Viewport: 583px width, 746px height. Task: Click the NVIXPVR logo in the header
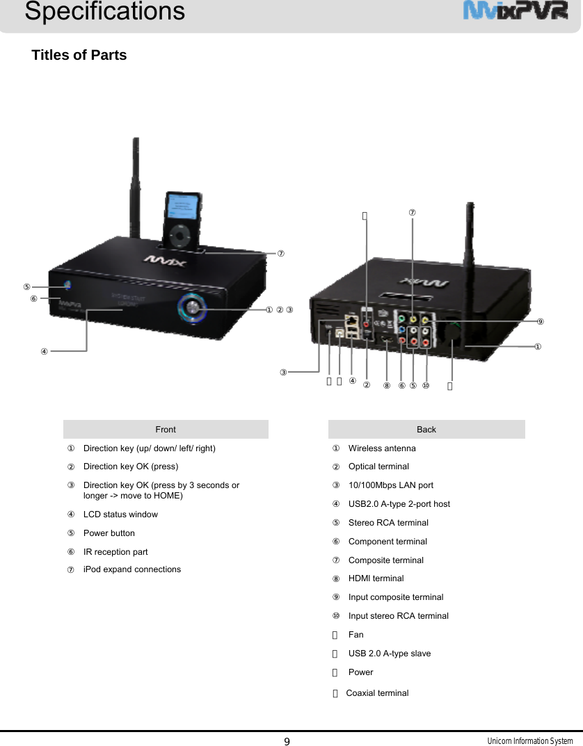(x=516, y=12)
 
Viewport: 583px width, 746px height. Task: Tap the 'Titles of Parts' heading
(x=79, y=55)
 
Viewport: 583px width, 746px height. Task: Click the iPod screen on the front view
(x=184, y=207)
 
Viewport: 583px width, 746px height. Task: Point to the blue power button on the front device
(x=67, y=286)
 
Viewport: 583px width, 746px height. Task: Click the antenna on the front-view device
(x=134, y=188)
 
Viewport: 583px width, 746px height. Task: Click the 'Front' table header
(x=166, y=429)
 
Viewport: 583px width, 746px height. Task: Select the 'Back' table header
(x=426, y=429)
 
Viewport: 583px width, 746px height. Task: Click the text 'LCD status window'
(x=120, y=514)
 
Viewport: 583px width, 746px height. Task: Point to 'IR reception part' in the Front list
(x=115, y=552)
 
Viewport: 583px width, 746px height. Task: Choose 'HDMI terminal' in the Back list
(x=376, y=578)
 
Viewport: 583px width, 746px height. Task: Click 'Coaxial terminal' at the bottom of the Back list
(x=377, y=693)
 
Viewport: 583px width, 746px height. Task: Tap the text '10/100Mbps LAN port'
(x=390, y=485)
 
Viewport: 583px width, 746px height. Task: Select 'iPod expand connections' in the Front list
(x=132, y=569)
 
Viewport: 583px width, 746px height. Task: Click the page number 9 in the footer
(x=287, y=740)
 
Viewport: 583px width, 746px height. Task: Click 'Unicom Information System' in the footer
(x=529, y=741)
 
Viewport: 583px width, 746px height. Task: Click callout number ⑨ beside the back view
(x=540, y=321)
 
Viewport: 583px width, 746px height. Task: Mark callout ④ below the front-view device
(x=44, y=351)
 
